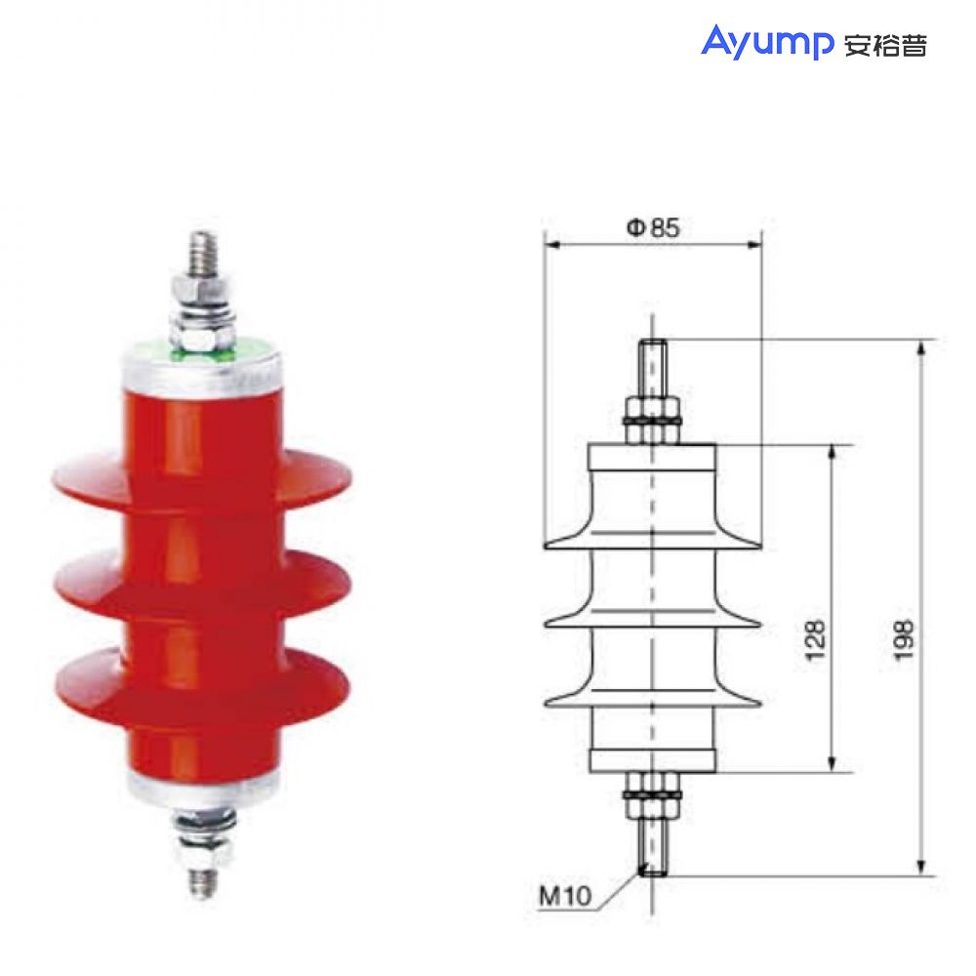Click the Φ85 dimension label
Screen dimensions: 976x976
click(652, 228)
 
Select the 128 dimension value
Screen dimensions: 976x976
click(816, 639)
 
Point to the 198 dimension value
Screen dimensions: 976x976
click(905, 639)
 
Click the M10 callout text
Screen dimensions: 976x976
click(565, 895)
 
